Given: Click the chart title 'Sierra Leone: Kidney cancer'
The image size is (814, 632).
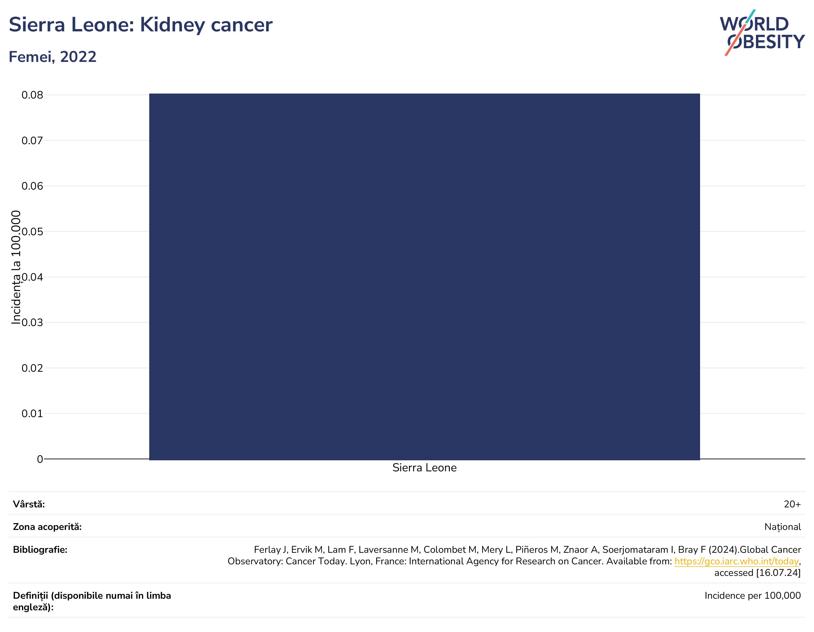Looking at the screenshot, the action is click(141, 25).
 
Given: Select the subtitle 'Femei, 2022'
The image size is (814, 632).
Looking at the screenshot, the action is click(53, 57).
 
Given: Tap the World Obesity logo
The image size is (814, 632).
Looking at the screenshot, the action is click(762, 33).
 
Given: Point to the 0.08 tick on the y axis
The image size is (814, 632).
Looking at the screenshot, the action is click(32, 95).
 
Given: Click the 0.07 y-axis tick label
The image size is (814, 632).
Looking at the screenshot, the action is click(32, 141).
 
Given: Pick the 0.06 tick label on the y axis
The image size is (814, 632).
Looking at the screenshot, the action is click(32, 186).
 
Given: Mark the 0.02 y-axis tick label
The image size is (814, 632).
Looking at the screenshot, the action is click(32, 368).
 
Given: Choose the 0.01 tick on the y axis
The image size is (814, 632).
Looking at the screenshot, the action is click(32, 414).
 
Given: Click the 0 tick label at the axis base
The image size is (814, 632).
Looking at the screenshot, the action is click(40, 459).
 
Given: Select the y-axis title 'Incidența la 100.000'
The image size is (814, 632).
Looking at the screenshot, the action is click(16, 267).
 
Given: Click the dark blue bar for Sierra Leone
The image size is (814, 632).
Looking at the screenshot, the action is click(425, 277).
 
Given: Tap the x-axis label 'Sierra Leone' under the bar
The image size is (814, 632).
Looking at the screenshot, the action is click(425, 468).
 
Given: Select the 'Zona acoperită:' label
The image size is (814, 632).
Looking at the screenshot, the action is click(47, 527).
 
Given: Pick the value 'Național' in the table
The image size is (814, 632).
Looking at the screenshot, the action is click(783, 527).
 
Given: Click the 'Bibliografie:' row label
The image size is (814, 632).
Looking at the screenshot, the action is click(40, 550).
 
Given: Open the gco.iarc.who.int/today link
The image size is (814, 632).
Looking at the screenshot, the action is click(736, 562).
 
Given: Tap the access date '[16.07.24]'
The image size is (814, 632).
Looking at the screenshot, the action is click(778, 573).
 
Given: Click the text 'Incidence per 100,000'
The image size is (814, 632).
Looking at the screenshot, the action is click(753, 595).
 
